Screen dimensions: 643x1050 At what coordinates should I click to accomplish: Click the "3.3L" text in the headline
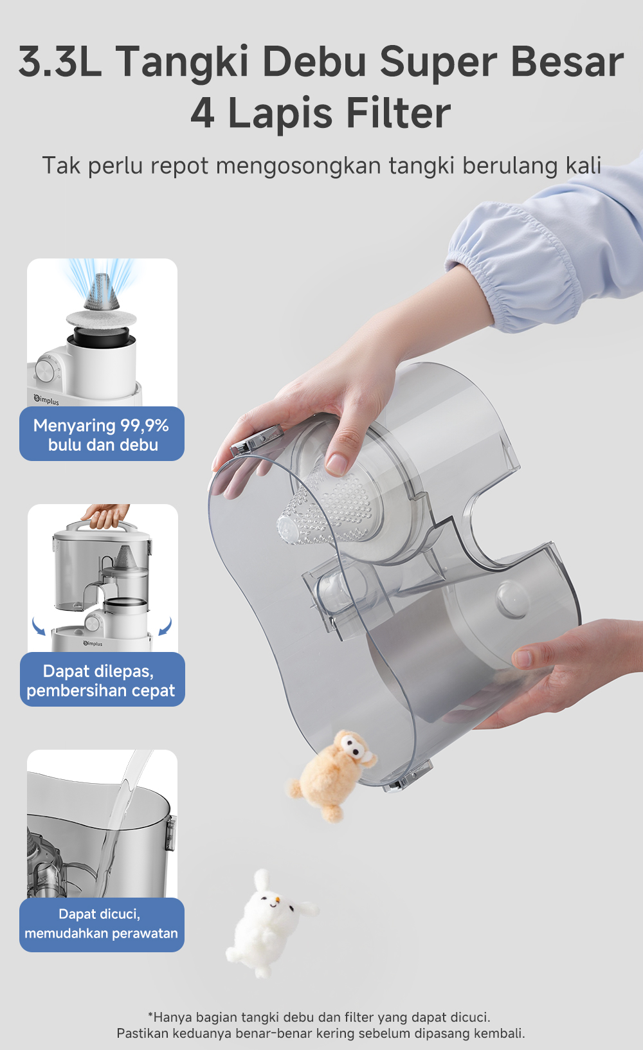(x=60, y=61)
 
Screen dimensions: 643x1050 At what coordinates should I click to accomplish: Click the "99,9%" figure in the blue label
(x=145, y=426)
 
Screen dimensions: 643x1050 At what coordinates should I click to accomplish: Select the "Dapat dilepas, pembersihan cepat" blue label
(x=102, y=679)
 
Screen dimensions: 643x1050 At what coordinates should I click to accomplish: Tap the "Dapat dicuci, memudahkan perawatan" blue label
(x=102, y=925)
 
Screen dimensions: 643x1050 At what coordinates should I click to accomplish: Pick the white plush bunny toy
(x=269, y=923)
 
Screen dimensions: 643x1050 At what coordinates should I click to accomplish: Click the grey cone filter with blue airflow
(x=101, y=293)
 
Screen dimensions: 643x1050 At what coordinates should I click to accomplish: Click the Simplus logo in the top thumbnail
(x=46, y=400)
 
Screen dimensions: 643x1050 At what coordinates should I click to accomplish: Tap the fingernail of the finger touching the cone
(x=336, y=464)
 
